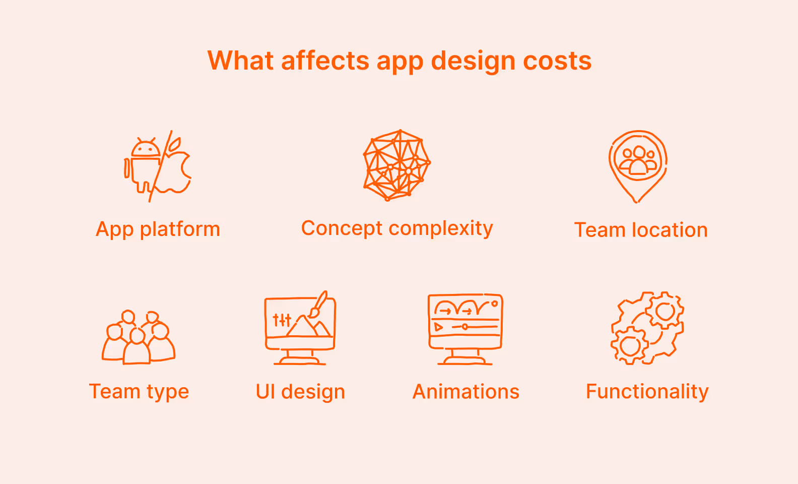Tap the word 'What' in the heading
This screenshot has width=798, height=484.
tap(240, 61)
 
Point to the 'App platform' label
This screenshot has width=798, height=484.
tap(158, 229)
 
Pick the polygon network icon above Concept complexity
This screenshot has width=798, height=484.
tap(397, 165)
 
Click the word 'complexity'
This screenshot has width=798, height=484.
tap(441, 229)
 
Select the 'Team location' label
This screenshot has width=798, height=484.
tap(641, 230)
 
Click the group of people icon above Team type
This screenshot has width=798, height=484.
tap(139, 337)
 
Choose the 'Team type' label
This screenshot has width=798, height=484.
tap(139, 392)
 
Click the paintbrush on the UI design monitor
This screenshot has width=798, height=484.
tap(319, 304)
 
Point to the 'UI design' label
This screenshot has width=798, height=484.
tap(300, 392)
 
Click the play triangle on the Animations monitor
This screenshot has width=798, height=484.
tap(438, 327)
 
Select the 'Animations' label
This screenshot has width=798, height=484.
tap(466, 392)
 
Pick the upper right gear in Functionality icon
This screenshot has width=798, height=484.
tap(665, 311)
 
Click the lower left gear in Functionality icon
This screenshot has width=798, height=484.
tap(630, 345)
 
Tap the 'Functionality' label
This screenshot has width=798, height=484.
tap(647, 392)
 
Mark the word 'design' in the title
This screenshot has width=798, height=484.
tap(473, 61)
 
